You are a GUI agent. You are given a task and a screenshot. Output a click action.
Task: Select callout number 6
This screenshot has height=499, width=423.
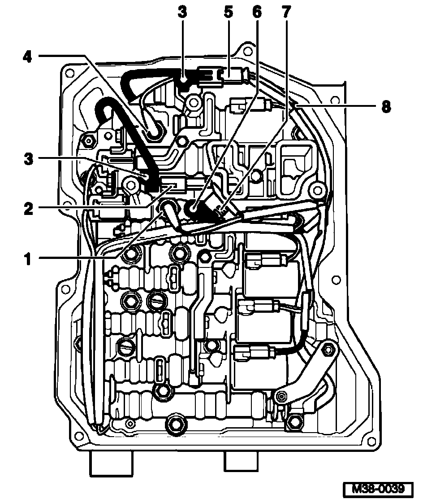pyautogui.click(x=257, y=13)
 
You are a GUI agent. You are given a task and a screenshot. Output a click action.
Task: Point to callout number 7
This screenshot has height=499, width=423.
pyautogui.click(x=286, y=13)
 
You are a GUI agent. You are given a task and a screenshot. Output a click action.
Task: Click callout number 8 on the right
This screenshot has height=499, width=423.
pyautogui.click(x=385, y=107)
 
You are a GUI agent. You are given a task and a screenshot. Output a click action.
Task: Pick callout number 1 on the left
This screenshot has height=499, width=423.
pyautogui.click(x=27, y=259)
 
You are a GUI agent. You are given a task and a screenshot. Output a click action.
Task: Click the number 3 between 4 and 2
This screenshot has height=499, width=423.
pyautogui.click(x=27, y=159)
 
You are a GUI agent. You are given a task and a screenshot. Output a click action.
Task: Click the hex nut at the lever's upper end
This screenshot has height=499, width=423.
pyautogui.click(x=328, y=350)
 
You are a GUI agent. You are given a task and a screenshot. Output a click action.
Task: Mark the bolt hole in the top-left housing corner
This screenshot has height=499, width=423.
pyautogui.click(x=69, y=72)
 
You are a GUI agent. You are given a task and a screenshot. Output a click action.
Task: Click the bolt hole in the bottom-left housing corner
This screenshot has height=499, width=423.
pyautogui.click(x=78, y=436)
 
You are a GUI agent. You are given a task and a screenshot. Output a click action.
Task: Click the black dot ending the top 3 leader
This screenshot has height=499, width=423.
pyautogui.click(x=184, y=80)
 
